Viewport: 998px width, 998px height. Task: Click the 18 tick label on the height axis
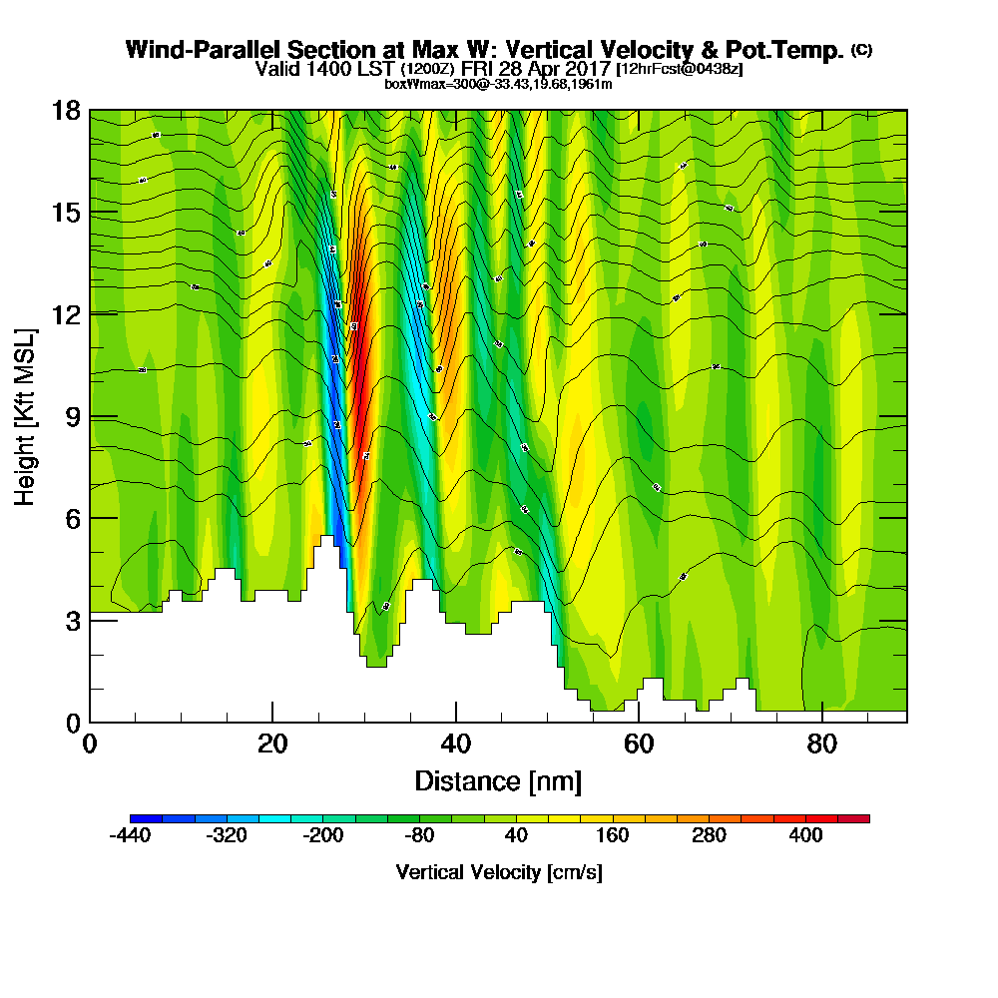click(x=66, y=111)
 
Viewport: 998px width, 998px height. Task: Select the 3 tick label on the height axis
click(x=73, y=620)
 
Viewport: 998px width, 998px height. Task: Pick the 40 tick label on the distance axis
click(x=455, y=745)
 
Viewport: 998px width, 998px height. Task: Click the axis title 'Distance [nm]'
click(x=498, y=780)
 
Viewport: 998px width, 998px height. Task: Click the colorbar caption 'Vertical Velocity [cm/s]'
click(x=499, y=872)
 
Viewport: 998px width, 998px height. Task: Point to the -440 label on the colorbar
click(x=130, y=836)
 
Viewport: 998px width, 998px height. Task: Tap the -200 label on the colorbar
click(x=321, y=836)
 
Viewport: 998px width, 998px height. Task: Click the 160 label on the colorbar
click(x=612, y=836)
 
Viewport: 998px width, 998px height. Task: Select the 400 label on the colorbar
click(x=805, y=836)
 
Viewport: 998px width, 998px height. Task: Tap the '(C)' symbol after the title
click(x=861, y=49)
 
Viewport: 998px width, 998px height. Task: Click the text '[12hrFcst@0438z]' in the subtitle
click(x=680, y=69)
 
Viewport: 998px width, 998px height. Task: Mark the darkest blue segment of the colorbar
click(x=146, y=818)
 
